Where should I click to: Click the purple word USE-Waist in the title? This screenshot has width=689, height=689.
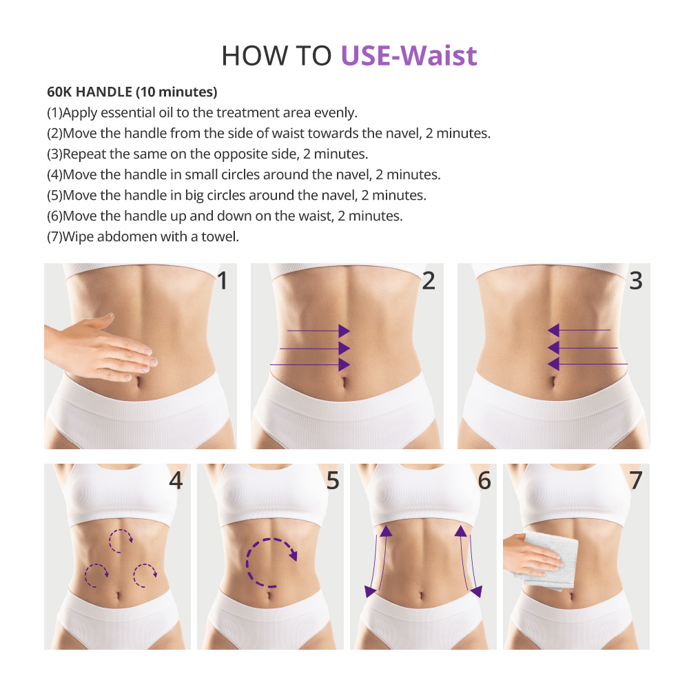(409, 56)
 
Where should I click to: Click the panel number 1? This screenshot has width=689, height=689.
(222, 280)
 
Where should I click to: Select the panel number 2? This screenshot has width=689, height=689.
(429, 280)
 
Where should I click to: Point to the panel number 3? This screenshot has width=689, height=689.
(635, 280)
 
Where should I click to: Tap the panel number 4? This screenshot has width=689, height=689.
(176, 480)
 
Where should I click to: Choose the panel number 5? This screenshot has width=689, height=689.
(333, 480)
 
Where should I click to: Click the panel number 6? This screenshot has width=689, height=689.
(484, 480)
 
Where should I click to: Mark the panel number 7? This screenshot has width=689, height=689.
(635, 480)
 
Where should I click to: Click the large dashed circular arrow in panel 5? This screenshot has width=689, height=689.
(269, 562)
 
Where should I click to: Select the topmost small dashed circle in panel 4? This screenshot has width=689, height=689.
(121, 541)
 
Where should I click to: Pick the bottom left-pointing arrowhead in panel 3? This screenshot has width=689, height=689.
(553, 364)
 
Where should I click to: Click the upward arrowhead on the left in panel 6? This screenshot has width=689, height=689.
(384, 531)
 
